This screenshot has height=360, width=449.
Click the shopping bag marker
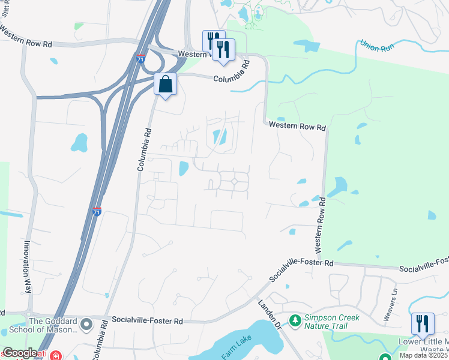[166, 85]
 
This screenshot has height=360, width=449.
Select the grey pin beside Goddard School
[86, 325]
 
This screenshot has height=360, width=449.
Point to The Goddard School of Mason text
[53, 325]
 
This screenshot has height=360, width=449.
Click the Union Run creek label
[376, 46]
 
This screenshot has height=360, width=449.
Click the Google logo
[19, 353]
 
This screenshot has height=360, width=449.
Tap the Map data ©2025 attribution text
[423, 356]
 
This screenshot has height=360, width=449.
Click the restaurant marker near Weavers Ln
[423, 324]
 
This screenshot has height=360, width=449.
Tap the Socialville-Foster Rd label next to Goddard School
[148, 321]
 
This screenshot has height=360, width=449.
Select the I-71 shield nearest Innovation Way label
[97, 211]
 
